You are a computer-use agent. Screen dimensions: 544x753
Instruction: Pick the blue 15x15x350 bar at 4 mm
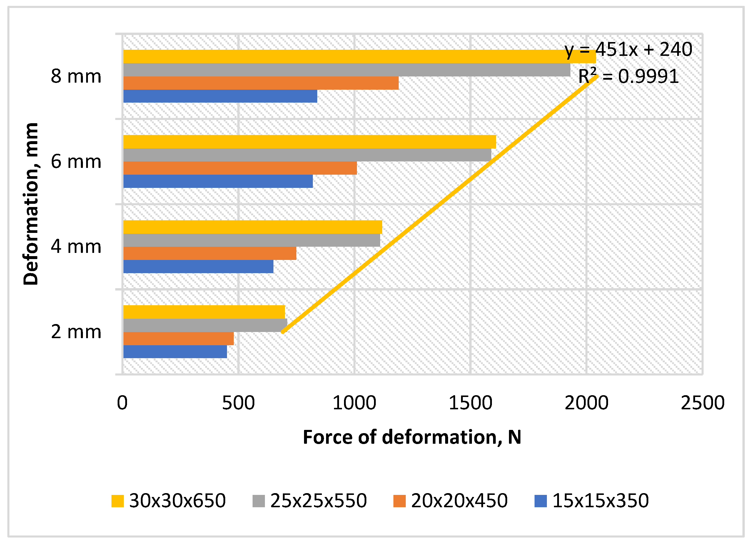pos(198,267)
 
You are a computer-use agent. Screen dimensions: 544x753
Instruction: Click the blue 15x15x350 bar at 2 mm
pos(175,352)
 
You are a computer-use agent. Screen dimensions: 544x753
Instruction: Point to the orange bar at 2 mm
pos(178,338)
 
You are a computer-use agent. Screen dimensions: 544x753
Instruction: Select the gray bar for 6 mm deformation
pos(307,155)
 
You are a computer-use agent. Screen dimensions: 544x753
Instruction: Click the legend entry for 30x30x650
pos(169,501)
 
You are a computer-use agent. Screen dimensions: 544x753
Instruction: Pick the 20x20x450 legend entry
pos(450,501)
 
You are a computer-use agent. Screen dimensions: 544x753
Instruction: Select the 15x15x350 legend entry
pos(592,501)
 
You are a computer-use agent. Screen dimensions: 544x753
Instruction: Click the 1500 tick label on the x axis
pos(470,403)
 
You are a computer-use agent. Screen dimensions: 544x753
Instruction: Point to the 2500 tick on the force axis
pos(702,403)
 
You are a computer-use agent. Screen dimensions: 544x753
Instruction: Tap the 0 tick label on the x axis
pos(122,403)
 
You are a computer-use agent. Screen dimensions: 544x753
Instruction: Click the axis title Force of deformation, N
pos(412,437)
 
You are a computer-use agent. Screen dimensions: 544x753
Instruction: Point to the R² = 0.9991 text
pos(628,76)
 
